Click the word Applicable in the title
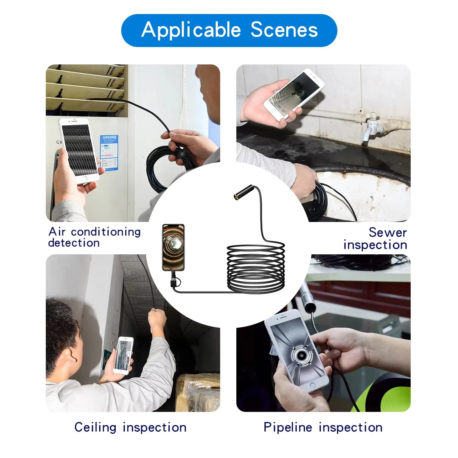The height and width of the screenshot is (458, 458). pyautogui.click(x=191, y=30)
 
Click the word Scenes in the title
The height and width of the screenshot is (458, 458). pyautogui.click(x=284, y=30)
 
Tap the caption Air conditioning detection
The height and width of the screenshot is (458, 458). pyautogui.click(x=94, y=237)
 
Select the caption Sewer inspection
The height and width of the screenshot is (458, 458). pyautogui.click(x=376, y=238)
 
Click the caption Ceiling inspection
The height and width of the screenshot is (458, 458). pyautogui.click(x=130, y=427)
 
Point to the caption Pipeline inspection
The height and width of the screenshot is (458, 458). pyautogui.click(x=323, y=427)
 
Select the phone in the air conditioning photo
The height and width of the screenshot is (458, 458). pyautogui.click(x=79, y=150)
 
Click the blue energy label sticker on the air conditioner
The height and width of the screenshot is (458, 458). pyautogui.click(x=109, y=153)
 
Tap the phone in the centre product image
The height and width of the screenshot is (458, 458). pyautogui.click(x=173, y=247)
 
